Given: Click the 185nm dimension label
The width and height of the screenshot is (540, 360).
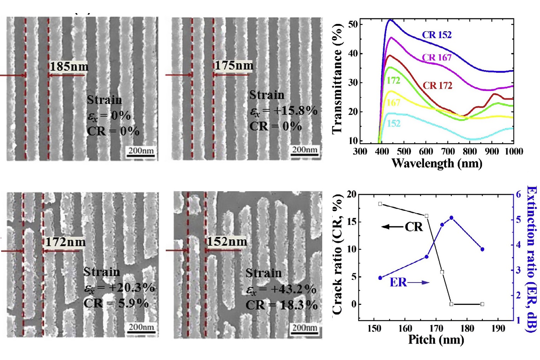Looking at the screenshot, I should (69, 66).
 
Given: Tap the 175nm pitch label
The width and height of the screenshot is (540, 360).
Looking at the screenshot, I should (234, 65).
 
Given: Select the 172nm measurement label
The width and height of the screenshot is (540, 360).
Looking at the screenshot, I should (66, 242).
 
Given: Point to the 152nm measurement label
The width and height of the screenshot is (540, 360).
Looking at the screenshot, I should (227, 242).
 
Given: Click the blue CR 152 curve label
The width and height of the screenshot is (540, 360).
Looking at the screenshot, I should (436, 35).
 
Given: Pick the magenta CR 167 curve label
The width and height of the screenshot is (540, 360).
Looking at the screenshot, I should (436, 57).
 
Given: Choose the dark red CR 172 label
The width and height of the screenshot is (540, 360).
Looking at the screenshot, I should (437, 85).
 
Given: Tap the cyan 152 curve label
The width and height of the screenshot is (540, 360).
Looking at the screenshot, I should (394, 123).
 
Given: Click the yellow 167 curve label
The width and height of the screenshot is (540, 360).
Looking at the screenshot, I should (394, 103).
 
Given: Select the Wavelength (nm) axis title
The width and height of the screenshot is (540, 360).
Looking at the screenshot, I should (437, 163).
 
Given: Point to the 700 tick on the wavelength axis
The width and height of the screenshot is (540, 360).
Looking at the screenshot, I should (448, 151).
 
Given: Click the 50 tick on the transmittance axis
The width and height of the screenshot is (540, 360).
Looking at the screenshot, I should (353, 24).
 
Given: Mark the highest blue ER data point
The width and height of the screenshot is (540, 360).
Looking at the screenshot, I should (451, 218).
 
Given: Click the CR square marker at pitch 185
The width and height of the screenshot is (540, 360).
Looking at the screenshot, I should (482, 304).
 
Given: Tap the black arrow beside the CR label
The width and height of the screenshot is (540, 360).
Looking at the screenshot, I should (392, 227).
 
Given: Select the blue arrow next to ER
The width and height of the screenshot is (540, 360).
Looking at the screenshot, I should (419, 283).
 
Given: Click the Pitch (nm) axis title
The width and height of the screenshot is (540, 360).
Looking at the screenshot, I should (436, 340).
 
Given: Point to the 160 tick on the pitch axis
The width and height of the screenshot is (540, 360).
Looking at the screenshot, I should (405, 328).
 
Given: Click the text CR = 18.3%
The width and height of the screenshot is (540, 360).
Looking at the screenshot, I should (281, 305).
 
